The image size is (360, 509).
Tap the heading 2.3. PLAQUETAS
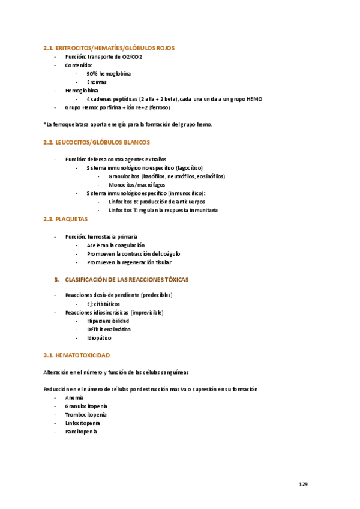[x=65, y=219]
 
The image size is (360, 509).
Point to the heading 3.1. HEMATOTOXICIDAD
[x=76, y=355]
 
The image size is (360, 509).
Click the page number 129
[x=303, y=484]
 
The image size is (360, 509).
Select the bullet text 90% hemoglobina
[x=109, y=73]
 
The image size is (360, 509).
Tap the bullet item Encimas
[x=97, y=82]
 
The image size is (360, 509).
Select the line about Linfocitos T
[x=163, y=211]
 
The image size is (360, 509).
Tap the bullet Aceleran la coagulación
[x=116, y=245]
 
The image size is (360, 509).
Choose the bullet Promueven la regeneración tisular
[x=129, y=262]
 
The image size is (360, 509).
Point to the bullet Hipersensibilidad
[x=108, y=321]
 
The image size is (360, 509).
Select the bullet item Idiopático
[x=99, y=338]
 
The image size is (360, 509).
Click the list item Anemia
[x=74, y=397]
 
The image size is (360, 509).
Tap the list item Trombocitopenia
[x=86, y=414]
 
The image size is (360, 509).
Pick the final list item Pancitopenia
[x=81, y=431]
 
